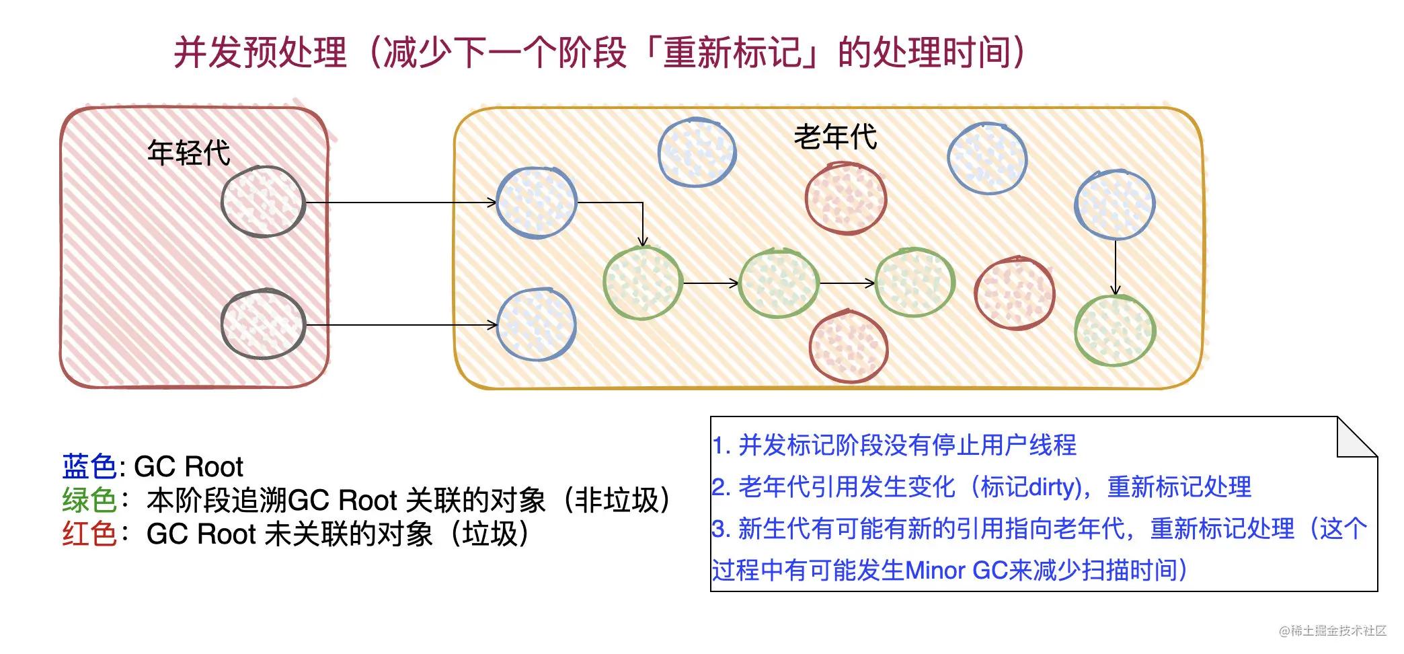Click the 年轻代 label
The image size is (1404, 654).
[189, 153]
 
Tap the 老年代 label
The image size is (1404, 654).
[835, 137]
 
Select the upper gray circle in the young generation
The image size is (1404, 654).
[263, 202]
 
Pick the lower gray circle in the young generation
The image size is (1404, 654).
[263, 324]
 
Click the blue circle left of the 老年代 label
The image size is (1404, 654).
[697, 153]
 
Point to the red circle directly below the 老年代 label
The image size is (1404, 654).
[846, 199]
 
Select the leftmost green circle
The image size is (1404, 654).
[643, 283]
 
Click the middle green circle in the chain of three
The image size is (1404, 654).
[779, 283]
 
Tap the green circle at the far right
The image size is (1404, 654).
[1115, 330]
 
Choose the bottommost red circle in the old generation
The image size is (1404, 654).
[849, 347]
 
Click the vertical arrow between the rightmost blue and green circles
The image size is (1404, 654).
[1116, 267]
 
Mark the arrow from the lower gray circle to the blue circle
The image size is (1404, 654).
[401, 325]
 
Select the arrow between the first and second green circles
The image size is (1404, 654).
[711, 283]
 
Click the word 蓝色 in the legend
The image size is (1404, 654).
[89, 466]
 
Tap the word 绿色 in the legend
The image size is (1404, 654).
[89, 500]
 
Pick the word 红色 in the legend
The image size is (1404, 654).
[89, 534]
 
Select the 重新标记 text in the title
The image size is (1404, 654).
[732, 52]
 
